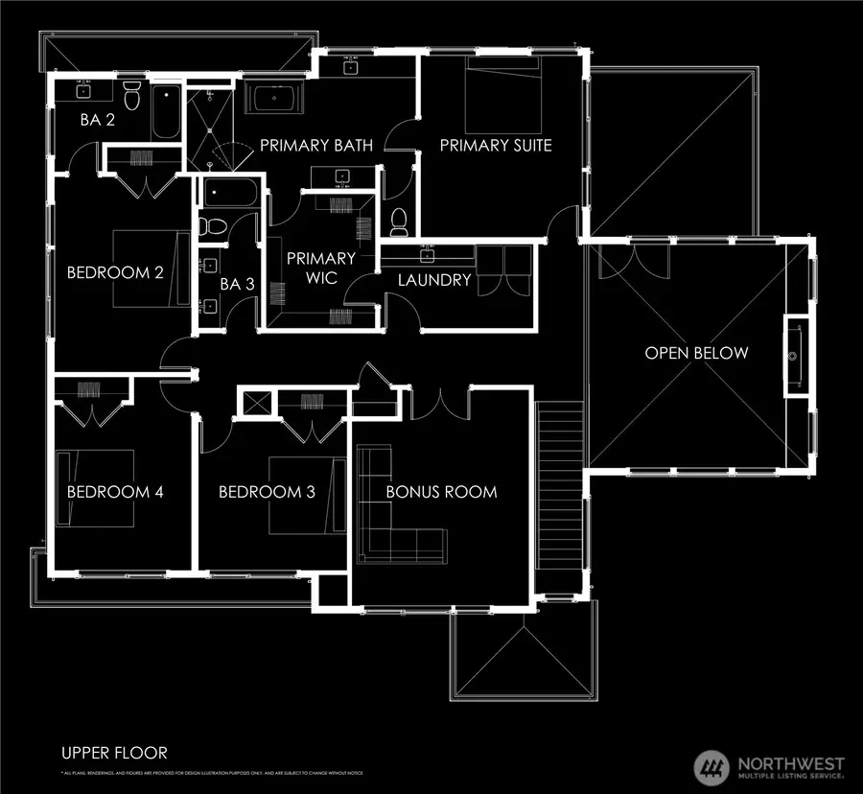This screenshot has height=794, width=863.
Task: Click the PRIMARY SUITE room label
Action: click(496, 145)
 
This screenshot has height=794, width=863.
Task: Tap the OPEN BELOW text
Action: click(696, 353)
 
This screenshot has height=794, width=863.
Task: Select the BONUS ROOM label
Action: click(441, 492)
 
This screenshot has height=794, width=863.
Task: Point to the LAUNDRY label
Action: click(434, 280)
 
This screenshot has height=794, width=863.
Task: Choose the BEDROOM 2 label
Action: click(115, 271)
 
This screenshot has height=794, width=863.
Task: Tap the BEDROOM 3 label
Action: click(267, 492)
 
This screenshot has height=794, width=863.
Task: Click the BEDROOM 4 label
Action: click(115, 492)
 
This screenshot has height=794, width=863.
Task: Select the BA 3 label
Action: click(237, 284)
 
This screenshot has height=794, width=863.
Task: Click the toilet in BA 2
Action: click(133, 98)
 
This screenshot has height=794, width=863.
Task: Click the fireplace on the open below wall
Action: click(796, 355)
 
